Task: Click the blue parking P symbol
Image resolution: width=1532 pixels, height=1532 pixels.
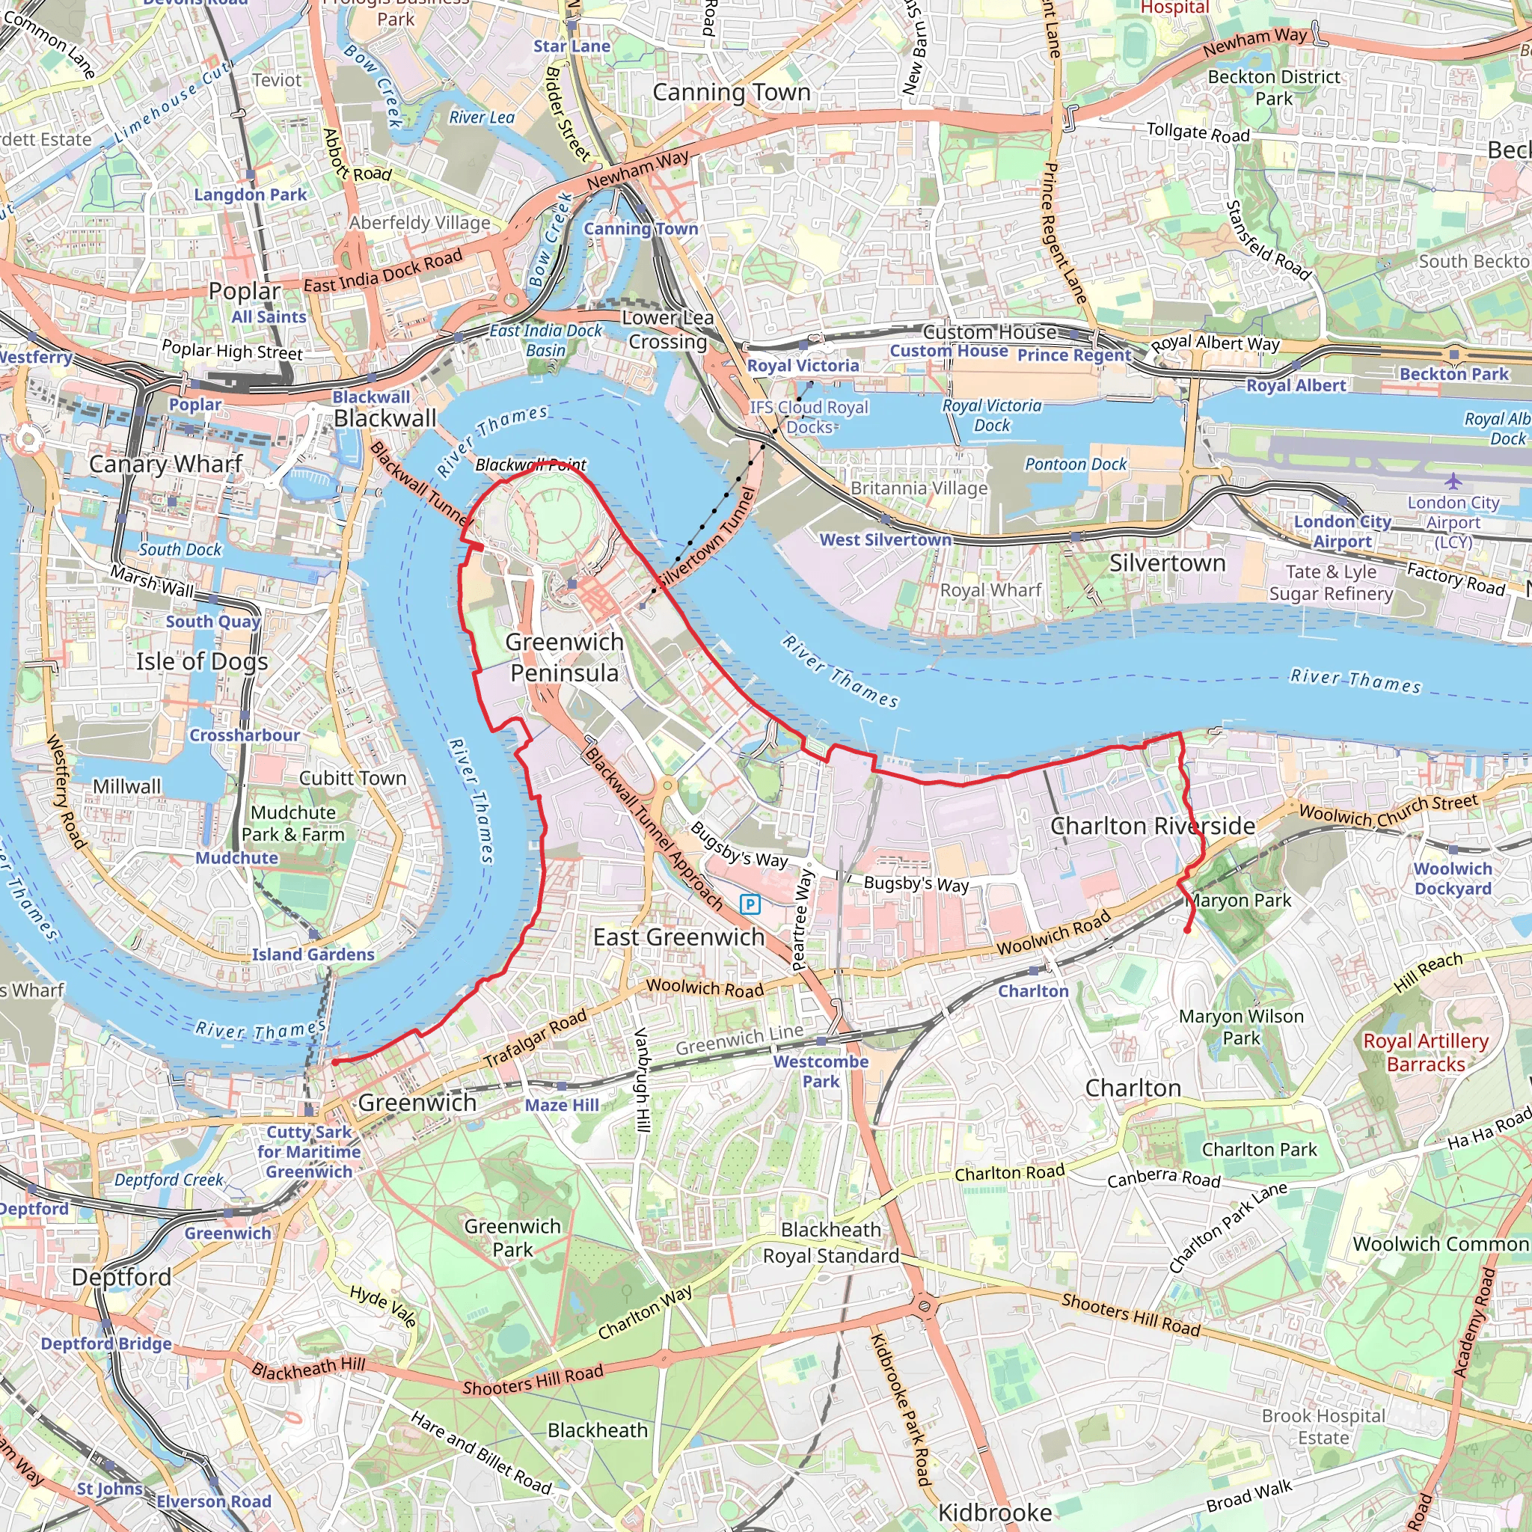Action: (750, 904)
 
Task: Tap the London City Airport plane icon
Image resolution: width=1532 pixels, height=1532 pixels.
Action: (1453, 480)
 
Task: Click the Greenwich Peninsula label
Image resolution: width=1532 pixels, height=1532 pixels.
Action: (564, 658)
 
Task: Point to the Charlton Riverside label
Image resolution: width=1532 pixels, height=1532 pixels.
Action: (1152, 827)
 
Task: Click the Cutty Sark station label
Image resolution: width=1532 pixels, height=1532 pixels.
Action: (308, 1151)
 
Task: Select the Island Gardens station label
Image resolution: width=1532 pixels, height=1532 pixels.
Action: (313, 955)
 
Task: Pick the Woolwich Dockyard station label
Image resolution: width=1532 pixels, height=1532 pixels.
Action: (1453, 879)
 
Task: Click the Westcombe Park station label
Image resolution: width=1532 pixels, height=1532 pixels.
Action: (821, 1071)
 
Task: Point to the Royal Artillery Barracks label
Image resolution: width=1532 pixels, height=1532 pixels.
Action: (1426, 1053)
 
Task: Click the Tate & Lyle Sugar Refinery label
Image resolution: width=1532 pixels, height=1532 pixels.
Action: (1331, 583)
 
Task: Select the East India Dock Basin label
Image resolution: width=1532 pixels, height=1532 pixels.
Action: (545, 340)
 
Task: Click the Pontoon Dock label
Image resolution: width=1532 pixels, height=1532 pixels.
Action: (1075, 465)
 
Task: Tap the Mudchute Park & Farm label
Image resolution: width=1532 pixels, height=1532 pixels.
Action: (292, 823)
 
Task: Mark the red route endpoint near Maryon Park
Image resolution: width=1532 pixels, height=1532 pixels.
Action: (1187, 929)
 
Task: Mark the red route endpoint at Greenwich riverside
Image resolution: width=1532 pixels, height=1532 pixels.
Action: (334, 1061)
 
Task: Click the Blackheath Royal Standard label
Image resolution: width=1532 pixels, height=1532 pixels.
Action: (830, 1243)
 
